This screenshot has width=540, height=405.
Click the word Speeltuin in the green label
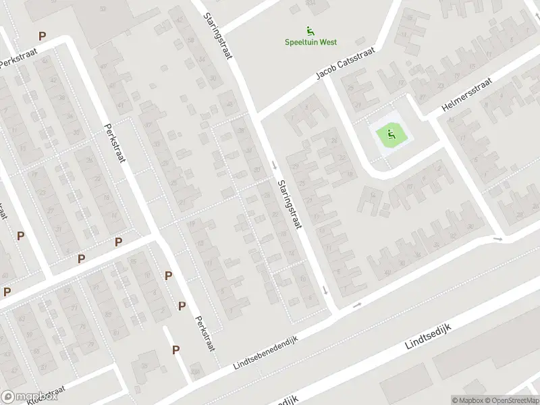pyautogui.click(x=302, y=43)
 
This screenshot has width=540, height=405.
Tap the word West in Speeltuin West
pyautogui.click(x=328, y=43)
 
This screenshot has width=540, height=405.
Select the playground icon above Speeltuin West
pyautogui.click(x=310, y=30)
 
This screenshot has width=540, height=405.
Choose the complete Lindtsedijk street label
pyautogui.click(x=428, y=335)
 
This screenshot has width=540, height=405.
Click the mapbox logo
pyautogui.click(x=28, y=397)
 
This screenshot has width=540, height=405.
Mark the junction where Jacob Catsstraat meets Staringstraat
pyautogui.click(x=259, y=117)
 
